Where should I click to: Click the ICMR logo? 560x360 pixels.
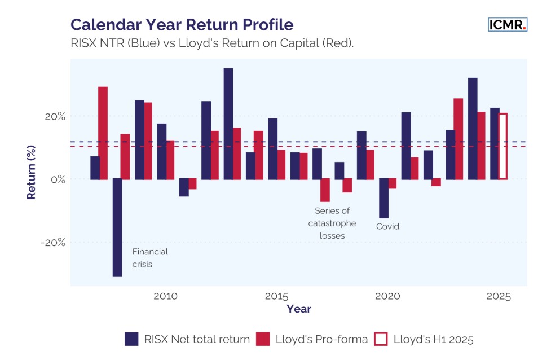point(507,24)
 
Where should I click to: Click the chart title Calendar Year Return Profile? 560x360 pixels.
point(182,25)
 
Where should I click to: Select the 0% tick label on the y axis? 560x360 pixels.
point(58,179)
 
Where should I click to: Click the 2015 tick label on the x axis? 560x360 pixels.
point(276,296)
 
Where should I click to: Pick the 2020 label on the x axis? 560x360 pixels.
point(387,296)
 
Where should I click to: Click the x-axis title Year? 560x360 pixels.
point(298,309)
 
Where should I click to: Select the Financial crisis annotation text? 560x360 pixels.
point(150,258)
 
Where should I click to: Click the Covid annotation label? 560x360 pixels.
point(387,226)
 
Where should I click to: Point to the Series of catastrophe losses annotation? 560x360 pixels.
point(332,223)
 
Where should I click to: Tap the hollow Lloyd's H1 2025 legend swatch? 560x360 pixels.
point(381,339)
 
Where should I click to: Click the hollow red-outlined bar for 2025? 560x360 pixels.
point(502,147)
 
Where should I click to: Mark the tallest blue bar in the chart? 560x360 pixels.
point(228,124)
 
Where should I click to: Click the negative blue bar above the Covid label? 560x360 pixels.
point(383,198)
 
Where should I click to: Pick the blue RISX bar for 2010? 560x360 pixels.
point(161,151)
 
